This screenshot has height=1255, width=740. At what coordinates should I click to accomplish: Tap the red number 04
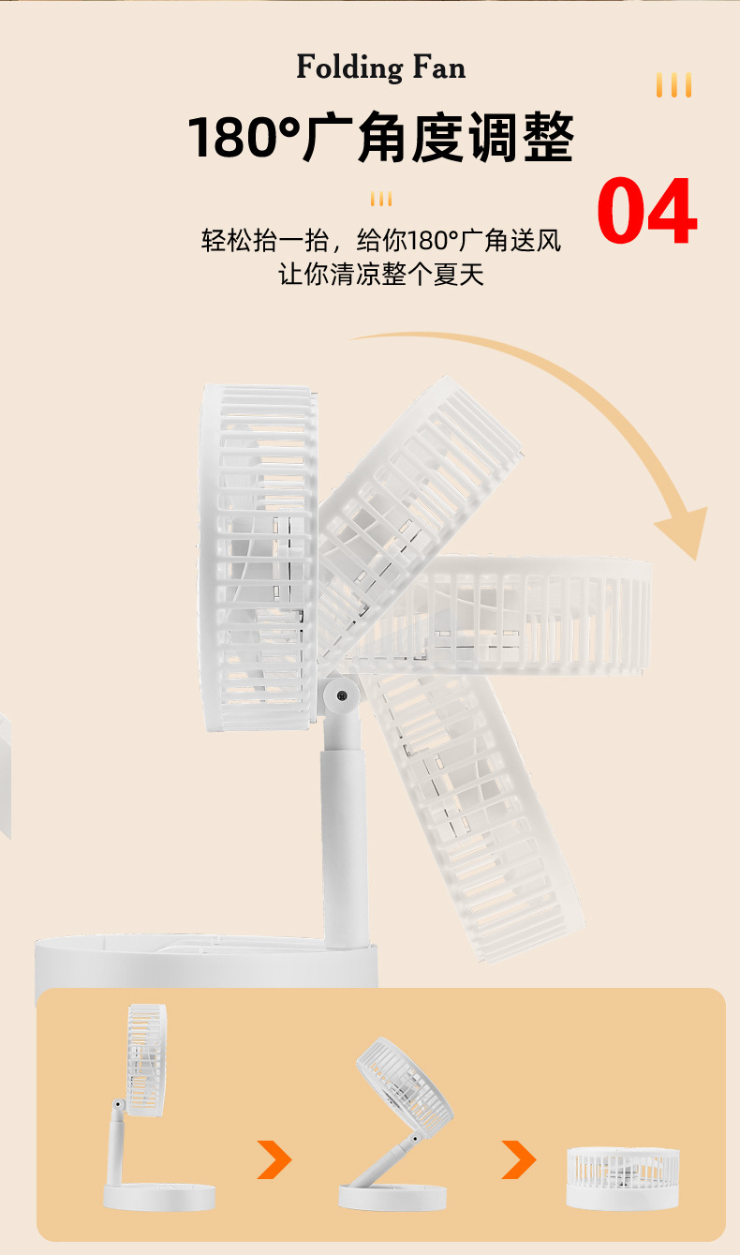click(x=646, y=213)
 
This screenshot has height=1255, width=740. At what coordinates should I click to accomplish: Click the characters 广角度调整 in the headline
click(x=438, y=138)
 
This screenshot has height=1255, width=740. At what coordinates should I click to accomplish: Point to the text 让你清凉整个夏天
click(x=381, y=276)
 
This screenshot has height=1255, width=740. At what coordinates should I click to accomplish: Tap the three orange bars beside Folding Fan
click(x=673, y=85)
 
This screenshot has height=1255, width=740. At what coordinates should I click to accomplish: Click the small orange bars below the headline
click(x=380, y=199)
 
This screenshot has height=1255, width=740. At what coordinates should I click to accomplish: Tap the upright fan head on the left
click(x=259, y=558)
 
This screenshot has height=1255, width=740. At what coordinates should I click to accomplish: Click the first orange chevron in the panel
click(x=274, y=1159)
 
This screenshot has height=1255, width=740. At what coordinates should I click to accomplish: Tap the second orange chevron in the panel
click(x=518, y=1159)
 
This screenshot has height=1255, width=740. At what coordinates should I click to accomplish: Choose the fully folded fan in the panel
click(x=623, y=1177)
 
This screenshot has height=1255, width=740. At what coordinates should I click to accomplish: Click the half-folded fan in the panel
click(x=398, y=1125)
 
